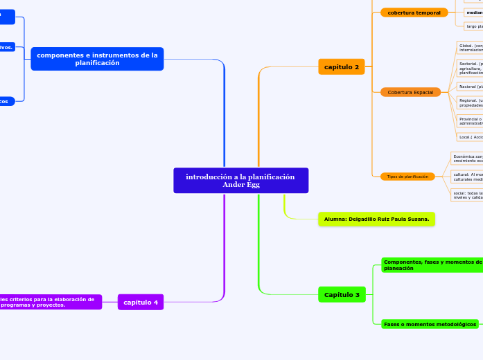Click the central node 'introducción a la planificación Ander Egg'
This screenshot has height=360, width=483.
tap(240, 181)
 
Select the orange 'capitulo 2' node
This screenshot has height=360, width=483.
tap(342, 66)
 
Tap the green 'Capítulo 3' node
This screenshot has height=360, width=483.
tap(342, 295)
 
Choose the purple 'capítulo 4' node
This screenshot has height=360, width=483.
tap(141, 302)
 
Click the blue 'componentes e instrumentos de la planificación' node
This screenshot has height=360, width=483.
tap(97, 59)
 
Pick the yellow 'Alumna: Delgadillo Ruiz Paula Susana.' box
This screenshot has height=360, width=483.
tap(376, 219)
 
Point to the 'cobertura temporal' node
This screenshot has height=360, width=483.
tap(414, 12)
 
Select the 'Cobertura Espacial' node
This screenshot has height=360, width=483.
tap(410, 92)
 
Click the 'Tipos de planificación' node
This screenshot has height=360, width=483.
tap(407, 177)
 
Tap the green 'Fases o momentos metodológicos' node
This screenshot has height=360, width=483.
tap(430, 324)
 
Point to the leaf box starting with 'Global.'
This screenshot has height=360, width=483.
tap(470, 48)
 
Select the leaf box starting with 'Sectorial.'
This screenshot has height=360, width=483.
tap(470, 68)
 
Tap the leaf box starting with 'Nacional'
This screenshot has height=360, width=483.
tap(470, 87)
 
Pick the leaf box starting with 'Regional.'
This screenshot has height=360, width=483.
tap(470, 102)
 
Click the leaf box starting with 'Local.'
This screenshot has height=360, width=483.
tap(470, 137)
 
